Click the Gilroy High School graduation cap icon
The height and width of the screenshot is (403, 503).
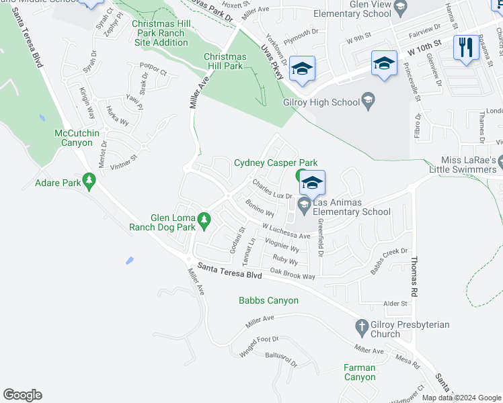[x=368, y=101]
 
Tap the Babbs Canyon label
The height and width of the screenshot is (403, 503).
[x=268, y=300]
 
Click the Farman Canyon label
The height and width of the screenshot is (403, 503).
[x=359, y=372]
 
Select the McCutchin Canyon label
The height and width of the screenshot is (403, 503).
[x=77, y=138]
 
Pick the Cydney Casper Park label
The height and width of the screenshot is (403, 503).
[x=275, y=163]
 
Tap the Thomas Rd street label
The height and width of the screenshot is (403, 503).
[x=414, y=275]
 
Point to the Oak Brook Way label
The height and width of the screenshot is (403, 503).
[x=293, y=275]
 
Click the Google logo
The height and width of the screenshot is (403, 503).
[x=22, y=395]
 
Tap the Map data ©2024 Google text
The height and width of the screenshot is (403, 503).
[x=460, y=398]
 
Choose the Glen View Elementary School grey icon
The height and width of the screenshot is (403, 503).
[x=400, y=9]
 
